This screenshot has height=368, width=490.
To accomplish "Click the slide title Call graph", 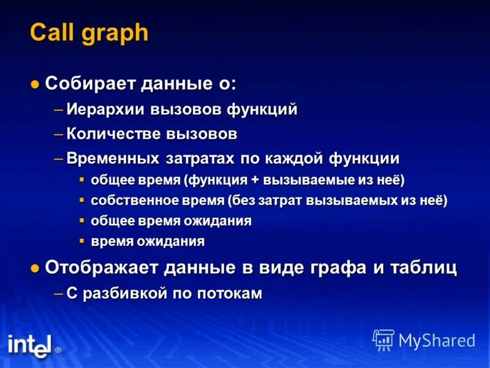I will pyautogui.click(x=89, y=33).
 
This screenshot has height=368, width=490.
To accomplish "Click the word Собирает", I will pyautogui.click(x=91, y=83).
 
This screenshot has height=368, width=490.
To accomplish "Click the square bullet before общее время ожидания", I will pyautogui.click(x=82, y=220).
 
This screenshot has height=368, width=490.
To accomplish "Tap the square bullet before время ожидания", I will pyautogui.click(x=82, y=240).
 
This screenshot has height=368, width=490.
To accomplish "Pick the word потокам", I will pyautogui.click(x=230, y=294).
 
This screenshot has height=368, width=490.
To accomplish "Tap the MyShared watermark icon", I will pyautogui.click(x=383, y=339).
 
